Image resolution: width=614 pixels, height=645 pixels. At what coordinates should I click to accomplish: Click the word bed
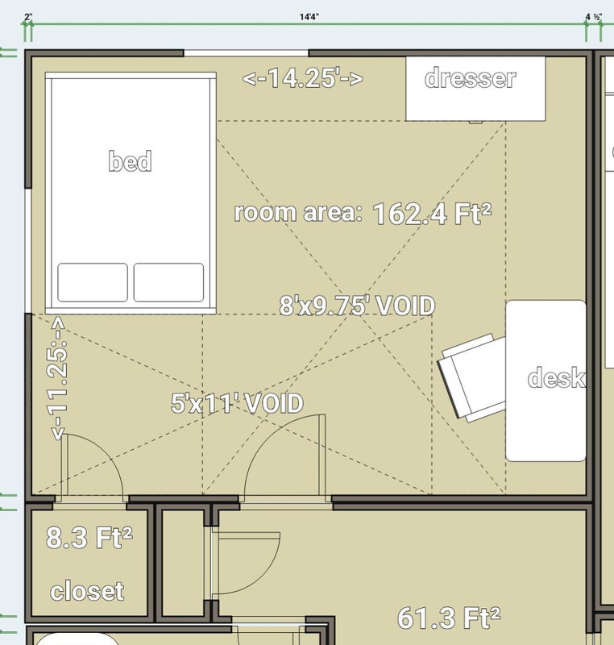pos(130,160)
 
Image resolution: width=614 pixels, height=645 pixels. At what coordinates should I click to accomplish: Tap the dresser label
pos(470,77)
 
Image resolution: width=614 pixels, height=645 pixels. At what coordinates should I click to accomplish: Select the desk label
pos(557,377)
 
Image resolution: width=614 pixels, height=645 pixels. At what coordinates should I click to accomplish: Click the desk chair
pos(472,377)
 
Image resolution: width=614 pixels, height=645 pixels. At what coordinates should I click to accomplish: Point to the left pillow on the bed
pos(93,282)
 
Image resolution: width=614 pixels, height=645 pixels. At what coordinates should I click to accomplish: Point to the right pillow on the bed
pos(168,282)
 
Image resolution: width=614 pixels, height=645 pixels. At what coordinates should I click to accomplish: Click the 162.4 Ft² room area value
pos(432,214)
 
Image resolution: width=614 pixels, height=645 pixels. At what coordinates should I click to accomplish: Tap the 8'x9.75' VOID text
pos(357,306)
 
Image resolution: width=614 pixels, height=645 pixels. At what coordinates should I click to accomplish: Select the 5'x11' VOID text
pos(237,402)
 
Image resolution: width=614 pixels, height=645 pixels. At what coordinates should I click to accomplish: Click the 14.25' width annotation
pos(303,78)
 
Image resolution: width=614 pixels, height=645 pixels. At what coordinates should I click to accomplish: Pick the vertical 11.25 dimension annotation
pos(57,378)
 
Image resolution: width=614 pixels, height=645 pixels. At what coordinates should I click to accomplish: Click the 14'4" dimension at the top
pos(309,17)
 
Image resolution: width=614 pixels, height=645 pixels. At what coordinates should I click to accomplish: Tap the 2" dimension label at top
pos(28,17)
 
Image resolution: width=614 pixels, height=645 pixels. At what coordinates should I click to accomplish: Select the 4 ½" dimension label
pos(594,17)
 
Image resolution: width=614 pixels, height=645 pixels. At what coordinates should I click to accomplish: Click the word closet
pos(87,591)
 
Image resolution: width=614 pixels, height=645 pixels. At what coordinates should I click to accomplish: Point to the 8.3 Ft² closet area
pos(89,537)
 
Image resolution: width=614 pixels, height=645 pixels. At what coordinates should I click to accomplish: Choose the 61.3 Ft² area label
pos(449,618)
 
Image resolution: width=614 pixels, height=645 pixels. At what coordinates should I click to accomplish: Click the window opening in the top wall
pos(246,53)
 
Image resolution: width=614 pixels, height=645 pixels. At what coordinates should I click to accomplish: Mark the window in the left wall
pos(28,251)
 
